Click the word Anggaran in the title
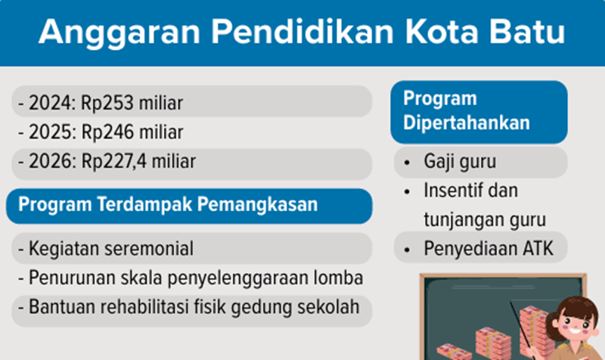[x=119, y=33]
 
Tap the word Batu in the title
[x=526, y=31]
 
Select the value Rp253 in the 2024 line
[x=107, y=103]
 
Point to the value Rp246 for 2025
[x=107, y=132]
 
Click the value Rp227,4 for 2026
[x=114, y=162]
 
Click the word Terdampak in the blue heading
[x=144, y=204]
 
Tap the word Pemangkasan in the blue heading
[x=257, y=204]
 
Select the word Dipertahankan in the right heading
[x=467, y=123]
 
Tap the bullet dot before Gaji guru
[x=407, y=163]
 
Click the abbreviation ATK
[x=538, y=249]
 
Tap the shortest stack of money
[x=453, y=352]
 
